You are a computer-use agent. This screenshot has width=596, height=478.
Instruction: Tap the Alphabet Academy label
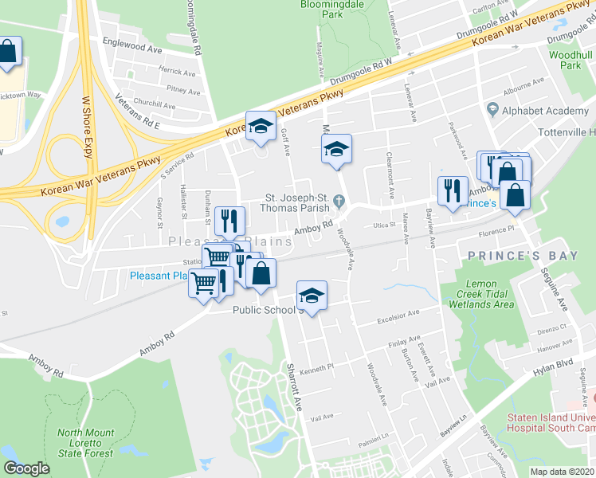539,112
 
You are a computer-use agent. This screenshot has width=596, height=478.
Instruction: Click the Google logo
25,468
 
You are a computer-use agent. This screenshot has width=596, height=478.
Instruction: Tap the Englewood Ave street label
131,47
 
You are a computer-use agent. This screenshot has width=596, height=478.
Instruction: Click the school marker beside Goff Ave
260,126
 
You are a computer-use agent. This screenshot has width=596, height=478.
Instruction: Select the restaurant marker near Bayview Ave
453,190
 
